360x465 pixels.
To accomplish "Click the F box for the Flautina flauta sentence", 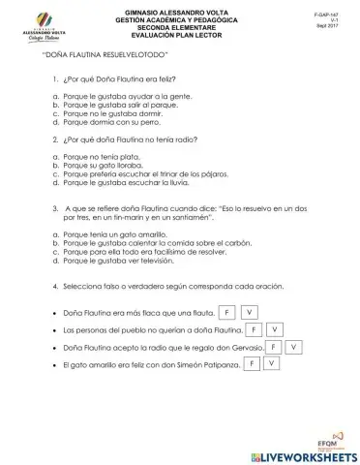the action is click(226, 312).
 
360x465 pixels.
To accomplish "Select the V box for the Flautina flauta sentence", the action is click(250, 312).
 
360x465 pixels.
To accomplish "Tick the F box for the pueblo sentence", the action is click(251, 329).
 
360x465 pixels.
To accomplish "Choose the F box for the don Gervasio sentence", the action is click(275, 347).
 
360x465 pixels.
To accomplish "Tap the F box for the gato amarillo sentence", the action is click(250, 364).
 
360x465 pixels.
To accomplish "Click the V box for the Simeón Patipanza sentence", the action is click(272, 364).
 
